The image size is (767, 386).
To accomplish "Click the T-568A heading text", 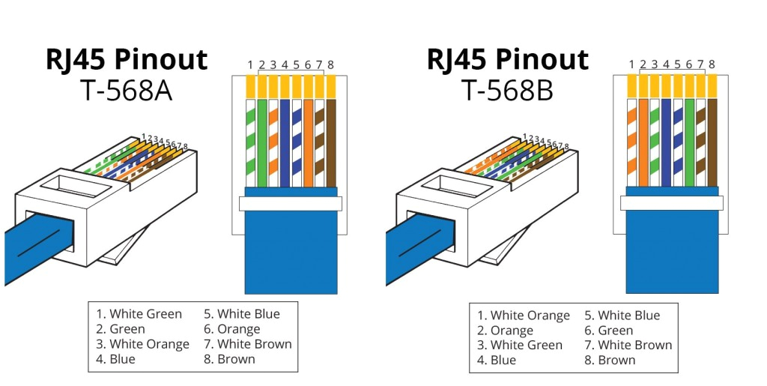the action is (125, 91).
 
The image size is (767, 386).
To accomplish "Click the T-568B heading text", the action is (506, 91).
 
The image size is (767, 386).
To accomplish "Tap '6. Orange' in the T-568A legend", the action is (232, 329).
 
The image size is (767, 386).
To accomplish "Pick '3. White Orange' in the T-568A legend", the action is (142, 344).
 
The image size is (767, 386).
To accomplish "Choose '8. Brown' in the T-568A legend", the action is (230, 359).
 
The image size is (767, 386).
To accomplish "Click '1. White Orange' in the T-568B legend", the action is (523, 316).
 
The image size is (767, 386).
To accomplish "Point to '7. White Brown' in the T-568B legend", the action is (628, 346).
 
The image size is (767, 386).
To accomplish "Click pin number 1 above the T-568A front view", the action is (250, 64).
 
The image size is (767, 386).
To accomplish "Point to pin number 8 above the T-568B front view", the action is (712, 64).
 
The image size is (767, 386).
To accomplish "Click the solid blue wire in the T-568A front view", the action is (285, 142).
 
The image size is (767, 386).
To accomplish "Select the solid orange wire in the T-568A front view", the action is (308, 142).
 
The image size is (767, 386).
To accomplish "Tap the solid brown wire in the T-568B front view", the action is (712, 142).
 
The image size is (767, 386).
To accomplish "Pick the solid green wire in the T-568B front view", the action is (689, 142).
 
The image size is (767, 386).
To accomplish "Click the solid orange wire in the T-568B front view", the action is (643, 142).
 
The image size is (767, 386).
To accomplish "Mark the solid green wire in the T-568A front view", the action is (261, 142).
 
